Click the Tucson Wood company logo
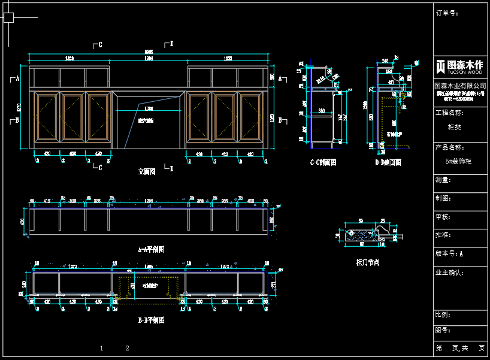tap(459, 66)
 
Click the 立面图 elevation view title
tap(147, 171)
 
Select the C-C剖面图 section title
tap(323, 162)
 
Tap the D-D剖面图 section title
tap(388, 162)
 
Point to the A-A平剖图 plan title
tap(150, 249)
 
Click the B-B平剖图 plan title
tap(150, 320)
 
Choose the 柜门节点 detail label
tap(367, 262)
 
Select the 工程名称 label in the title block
tap(449, 113)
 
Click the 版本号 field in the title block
tap(449, 254)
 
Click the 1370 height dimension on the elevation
tap(19, 108)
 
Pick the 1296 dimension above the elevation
tap(149, 59)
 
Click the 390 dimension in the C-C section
tap(322, 111)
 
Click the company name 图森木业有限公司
tap(460, 86)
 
